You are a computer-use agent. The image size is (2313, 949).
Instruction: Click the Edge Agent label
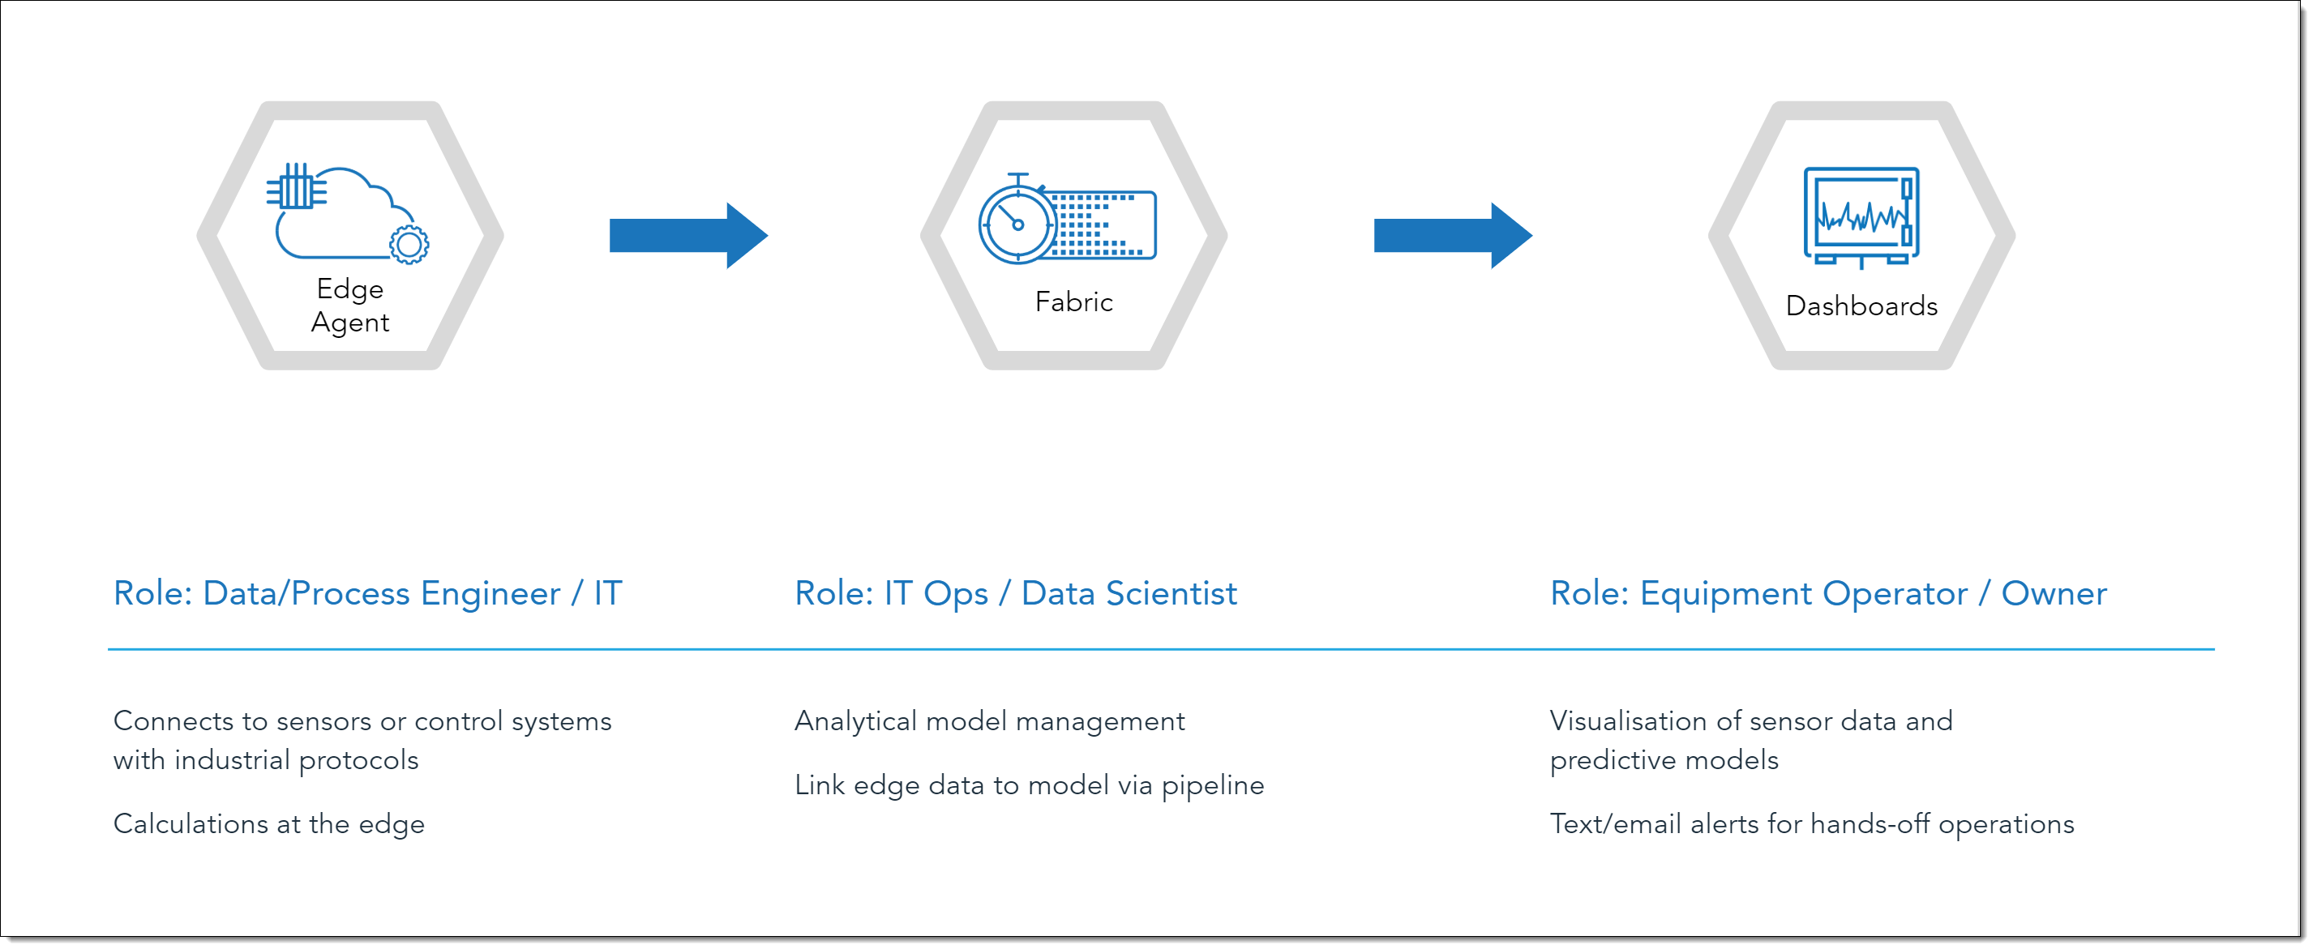(x=349, y=306)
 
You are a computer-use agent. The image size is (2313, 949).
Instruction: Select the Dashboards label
(x=1861, y=306)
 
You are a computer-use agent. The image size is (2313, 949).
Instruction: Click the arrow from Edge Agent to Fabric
(x=687, y=235)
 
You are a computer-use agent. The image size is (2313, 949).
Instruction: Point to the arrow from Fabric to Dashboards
(x=1452, y=235)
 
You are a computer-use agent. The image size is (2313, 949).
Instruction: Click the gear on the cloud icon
(x=409, y=244)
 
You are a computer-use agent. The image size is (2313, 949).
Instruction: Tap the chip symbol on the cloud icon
(x=296, y=186)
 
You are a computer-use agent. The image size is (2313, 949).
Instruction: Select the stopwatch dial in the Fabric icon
(x=1017, y=224)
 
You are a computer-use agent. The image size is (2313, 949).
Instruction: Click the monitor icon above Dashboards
(x=1861, y=217)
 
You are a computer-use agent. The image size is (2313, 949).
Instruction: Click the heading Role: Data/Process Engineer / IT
(x=367, y=593)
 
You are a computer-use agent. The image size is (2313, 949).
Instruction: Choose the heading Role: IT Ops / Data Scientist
(x=1016, y=593)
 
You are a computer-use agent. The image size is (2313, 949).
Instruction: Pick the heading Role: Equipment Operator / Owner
(x=1828, y=593)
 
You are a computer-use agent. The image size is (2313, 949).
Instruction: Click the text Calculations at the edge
(x=268, y=824)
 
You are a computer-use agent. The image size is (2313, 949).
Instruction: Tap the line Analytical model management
(x=989, y=722)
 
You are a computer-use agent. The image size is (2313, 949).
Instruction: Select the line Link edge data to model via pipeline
(x=1029, y=785)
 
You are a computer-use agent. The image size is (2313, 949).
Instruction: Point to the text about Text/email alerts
(x=1812, y=824)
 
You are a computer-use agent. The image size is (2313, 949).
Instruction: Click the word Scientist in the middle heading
(x=1171, y=593)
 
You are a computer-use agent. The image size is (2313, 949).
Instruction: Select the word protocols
(x=358, y=761)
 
